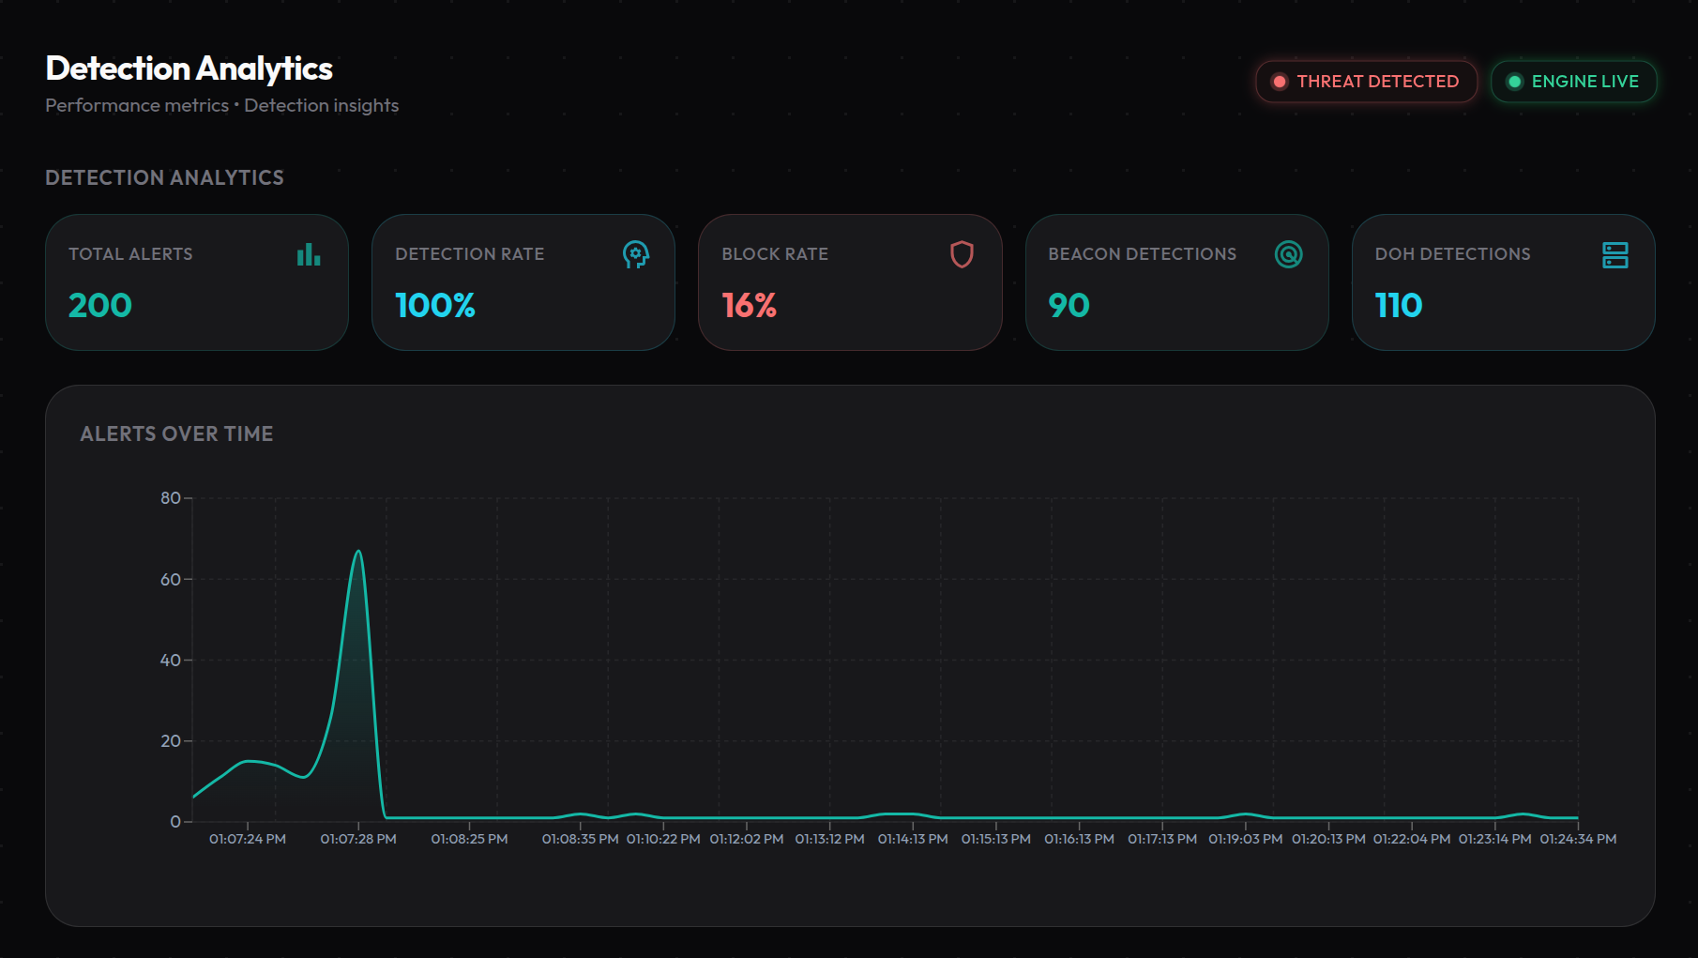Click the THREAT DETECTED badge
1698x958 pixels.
pyautogui.click(x=1366, y=82)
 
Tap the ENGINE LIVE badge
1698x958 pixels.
pyautogui.click(x=1573, y=82)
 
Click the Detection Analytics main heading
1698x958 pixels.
pyautogui.click(x=190, y=68)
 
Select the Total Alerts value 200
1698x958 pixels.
pyautogui.click(x=100, y=305)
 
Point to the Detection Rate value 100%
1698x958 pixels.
pyautogui.click(x=435, y=305)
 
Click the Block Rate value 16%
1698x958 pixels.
pyautogui.click(x=750, y=305)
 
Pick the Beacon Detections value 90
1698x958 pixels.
pyautogui.click(x=1069, y=305)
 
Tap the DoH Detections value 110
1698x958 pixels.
pyautogui.click(x=1399, y=305)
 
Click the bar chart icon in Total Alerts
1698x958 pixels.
pyautogui.click(x=309, y=254)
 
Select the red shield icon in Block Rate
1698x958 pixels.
pyautogui.click(x=962, y=254)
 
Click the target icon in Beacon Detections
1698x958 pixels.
pyautogui.click(x=1289, y=254)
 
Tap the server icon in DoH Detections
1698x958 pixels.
pyautogui.click(x=1615, y=254)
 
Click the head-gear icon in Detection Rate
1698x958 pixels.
pyautogui.click(x=636, y=254)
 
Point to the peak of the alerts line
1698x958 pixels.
pyautogui.click(x=358, y=551)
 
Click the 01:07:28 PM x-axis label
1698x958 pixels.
pyautogui.click(x=358, y=839)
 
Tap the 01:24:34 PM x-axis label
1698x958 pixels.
pyautogui.click(x=1578, y=839)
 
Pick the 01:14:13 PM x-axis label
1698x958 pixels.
pyautogui.click(x=913, y=839)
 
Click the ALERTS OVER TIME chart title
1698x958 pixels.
pyautogui.click(x=176, y=433)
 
